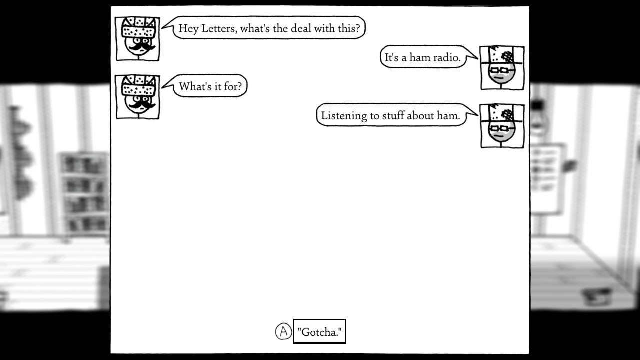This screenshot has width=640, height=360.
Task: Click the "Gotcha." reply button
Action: (x=319, y=331)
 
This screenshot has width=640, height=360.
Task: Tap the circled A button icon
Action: (x=283, y=331)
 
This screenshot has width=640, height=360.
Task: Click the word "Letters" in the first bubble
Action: (x=219, y=28)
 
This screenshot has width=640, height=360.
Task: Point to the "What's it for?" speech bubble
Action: (x=210, y=86)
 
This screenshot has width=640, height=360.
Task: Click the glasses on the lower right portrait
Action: (x=501, y=128)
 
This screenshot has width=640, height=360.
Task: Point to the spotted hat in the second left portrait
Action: (x=138, y=85)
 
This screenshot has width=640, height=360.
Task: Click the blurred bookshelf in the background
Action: (x=83, y=193)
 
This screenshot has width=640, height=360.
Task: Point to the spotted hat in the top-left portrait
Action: (x=138, y=27)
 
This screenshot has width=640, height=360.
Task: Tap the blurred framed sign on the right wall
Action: (x=547, y=179)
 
